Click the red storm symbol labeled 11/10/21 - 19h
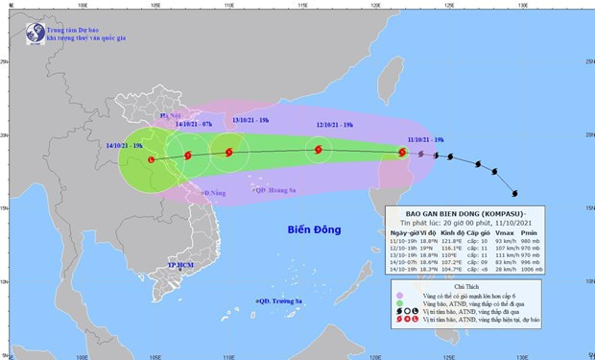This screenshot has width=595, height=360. pyautogui.click(x=403, y=151)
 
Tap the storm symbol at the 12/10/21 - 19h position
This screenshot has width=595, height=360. pyautogui.click(x=318, y=149)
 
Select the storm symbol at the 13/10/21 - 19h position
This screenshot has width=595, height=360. pyautogui.click(x=228, y=152)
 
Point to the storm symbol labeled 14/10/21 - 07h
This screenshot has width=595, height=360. pyautogui.click(x=187, y=154)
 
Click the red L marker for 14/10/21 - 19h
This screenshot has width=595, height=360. pyautogui.click(x=151, y=159)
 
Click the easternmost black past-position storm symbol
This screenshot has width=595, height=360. pyautogui.click(x=514, y=191)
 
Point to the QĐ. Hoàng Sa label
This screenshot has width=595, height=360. pyautogui.click(x=274, y=189)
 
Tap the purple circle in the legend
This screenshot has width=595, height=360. pyautogui.click(x=399, y=296)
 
